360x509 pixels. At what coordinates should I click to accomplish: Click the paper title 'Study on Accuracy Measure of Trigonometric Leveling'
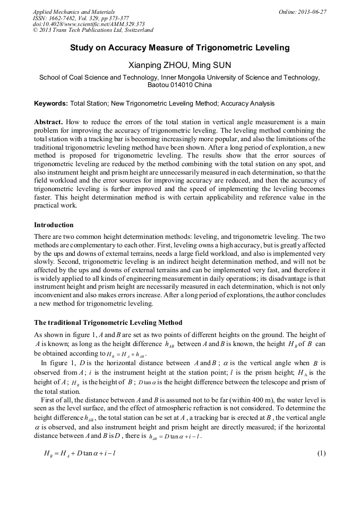(180, 48)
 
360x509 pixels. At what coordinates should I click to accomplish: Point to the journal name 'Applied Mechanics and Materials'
(73, 12)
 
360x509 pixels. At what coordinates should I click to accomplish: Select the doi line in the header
(89, 24)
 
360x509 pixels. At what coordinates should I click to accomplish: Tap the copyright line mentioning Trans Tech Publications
(93, 31)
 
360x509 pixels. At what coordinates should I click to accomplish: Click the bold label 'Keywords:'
(51, 103)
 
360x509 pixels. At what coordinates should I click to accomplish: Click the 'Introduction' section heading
(54, 225)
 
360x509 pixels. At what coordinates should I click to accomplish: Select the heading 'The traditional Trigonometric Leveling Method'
(108, 323)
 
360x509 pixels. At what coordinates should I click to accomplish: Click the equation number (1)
(321, 453)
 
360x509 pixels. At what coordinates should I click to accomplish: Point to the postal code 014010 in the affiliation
(183, 85)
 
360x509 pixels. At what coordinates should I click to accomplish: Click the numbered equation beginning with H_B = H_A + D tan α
(80, 454)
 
